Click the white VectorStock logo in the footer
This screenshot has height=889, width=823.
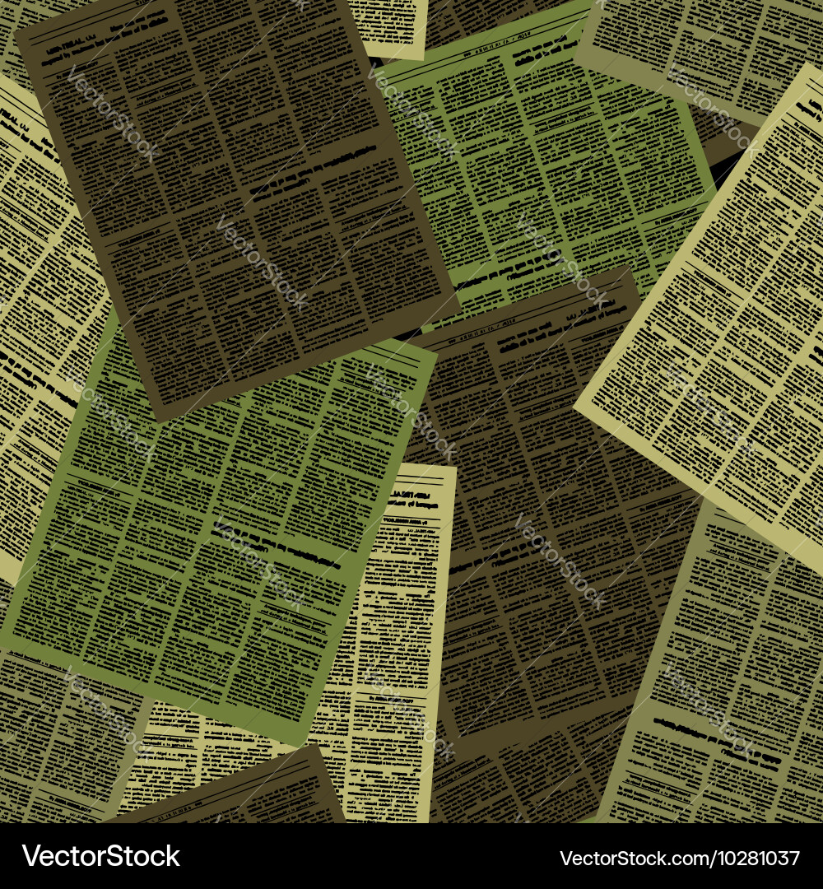click(x=101, y=856)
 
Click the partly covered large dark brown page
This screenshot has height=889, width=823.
click(x=543, y=510)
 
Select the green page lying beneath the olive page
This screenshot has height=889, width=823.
click(x=543, y=165)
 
